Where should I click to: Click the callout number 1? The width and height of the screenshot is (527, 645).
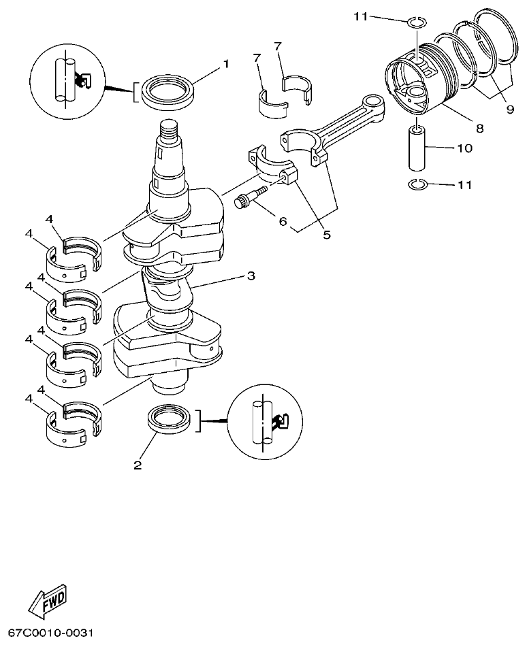click(x=225, y=64)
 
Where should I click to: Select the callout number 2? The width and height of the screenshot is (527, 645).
click(x=138, y=466)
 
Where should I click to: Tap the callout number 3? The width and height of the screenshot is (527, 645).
click(x=251, y=276)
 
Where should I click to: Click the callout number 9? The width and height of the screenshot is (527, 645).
click(x=510, y=109)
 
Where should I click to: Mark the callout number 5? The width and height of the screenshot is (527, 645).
click(x=327, y=235)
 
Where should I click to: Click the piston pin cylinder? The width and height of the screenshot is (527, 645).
click(x=417, y=148)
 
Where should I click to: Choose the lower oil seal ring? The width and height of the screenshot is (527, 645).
click(x=169, y=418)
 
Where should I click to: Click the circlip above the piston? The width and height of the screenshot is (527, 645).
click(x=417, y=23)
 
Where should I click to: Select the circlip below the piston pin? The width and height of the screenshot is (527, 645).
click(x=417, y=184)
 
